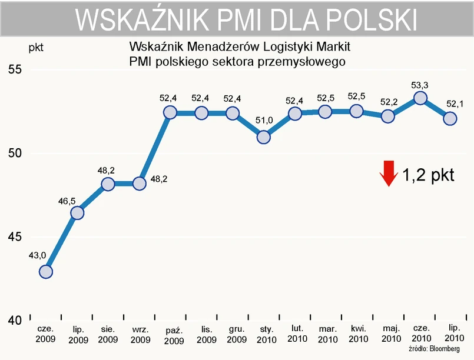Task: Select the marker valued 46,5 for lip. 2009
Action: point(77,212)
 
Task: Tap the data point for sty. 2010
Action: point(264,137)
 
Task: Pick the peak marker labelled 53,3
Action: point(420,98)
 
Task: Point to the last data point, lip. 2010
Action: point(450,118)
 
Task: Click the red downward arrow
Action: point(388,173)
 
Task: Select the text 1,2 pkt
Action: point(428,175)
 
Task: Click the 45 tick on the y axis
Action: point(14,237)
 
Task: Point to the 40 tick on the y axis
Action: point(14,321)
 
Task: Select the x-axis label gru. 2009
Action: point(236,335)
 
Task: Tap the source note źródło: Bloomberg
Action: point(433,349)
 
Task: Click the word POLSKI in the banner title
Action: point(372,20)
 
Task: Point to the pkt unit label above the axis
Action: point(36,45)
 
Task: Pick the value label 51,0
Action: point(264,121)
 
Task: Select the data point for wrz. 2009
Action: point(140,184)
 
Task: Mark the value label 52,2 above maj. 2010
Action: point(389,102)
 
